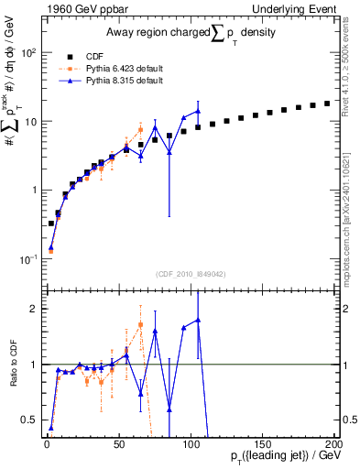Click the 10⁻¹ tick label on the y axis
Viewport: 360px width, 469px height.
point(26,259)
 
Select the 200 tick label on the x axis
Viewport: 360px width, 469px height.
point(333,444)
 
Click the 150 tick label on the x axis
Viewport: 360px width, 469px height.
point(262,444)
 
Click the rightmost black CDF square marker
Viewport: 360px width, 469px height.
point(327,104)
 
